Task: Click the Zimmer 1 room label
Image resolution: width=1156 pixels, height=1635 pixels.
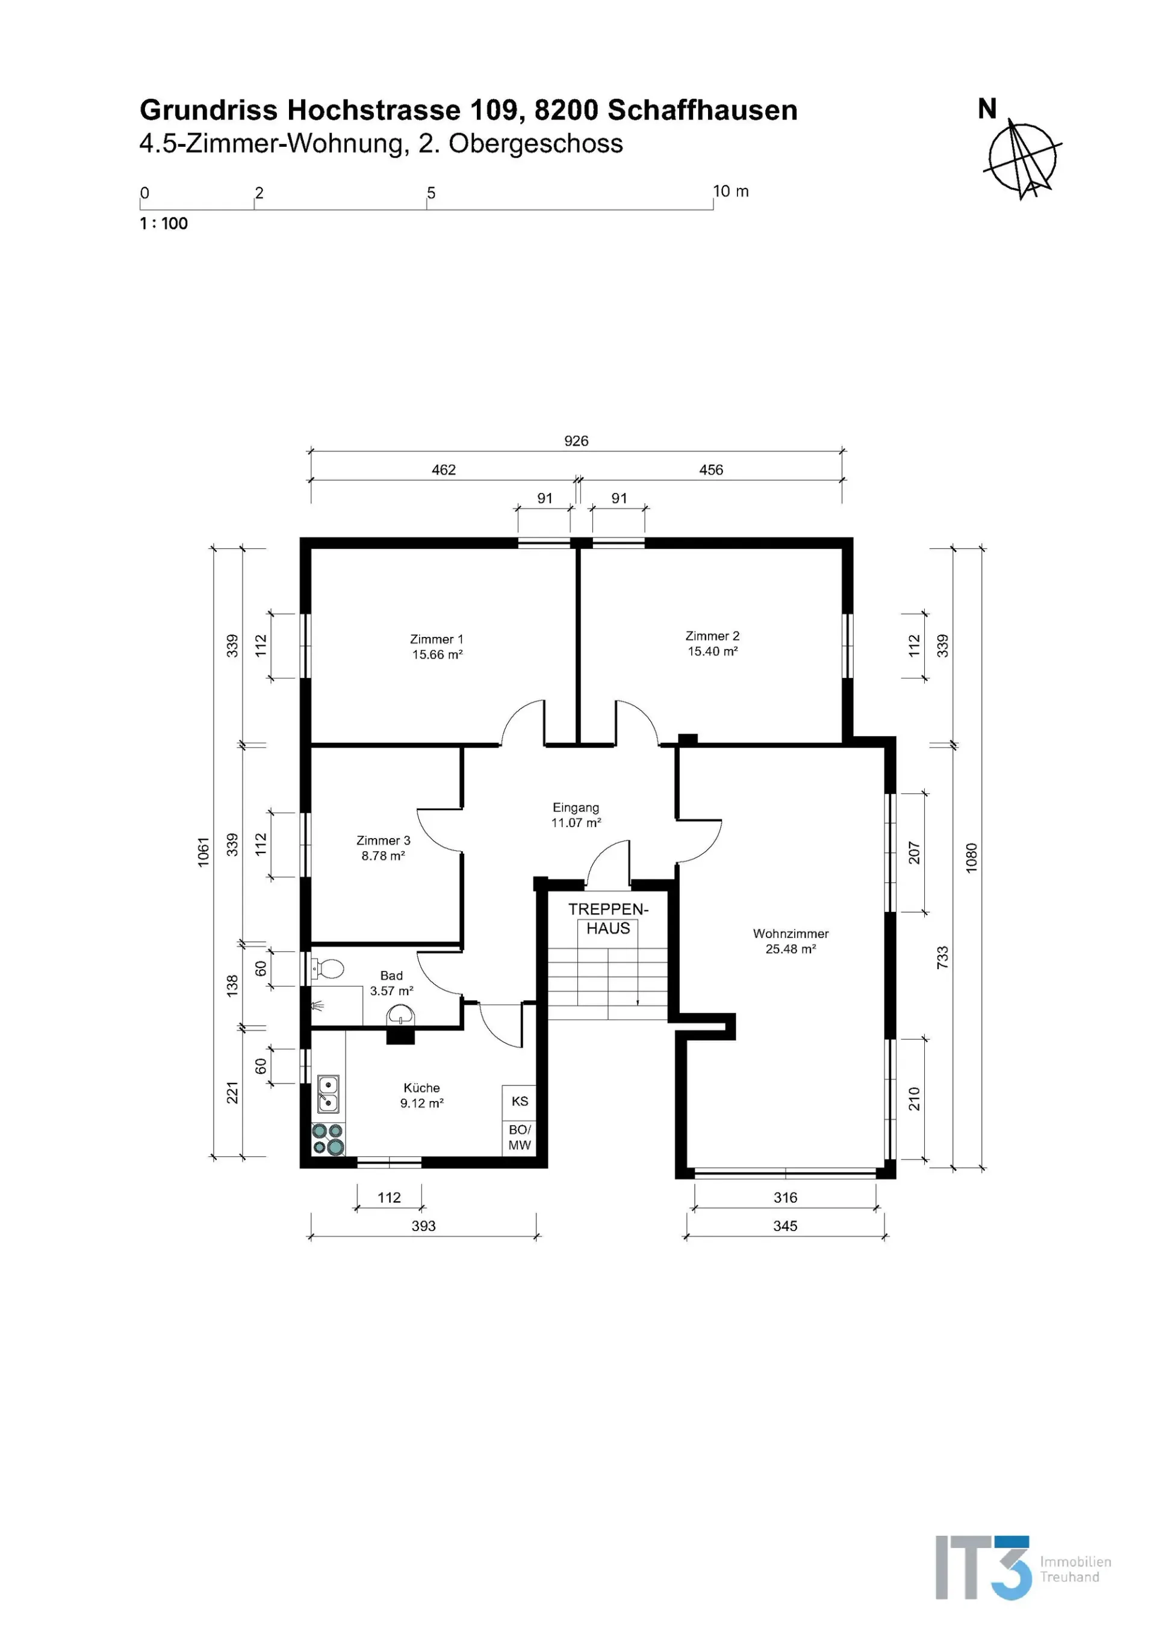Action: click(437, 639)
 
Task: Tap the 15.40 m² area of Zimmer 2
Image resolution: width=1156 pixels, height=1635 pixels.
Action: click(712, 651)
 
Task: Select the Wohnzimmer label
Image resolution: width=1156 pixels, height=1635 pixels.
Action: click(791, 934)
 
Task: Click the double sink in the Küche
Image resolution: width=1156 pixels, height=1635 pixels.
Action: click(328, 1094)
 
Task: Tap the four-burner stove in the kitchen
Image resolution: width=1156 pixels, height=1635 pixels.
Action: click(328, 1139)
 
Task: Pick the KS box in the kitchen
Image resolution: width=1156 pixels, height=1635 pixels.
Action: click(519, 1101)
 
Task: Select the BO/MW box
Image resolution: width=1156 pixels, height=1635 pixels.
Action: click(519, 1137)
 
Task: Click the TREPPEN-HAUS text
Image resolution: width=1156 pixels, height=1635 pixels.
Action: click(608, 919)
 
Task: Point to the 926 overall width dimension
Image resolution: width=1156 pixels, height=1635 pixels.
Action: click(576, 441)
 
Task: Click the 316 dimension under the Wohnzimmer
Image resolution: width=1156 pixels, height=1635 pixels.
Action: click(786, 1197)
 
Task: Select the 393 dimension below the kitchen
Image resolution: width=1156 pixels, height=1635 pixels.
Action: click(424, 1226)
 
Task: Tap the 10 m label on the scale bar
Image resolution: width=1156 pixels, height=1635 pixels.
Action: click(731, 191)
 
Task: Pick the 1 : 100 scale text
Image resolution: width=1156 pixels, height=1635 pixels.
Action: click(164, 223)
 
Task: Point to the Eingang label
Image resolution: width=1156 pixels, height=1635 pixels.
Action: click(576, 807)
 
